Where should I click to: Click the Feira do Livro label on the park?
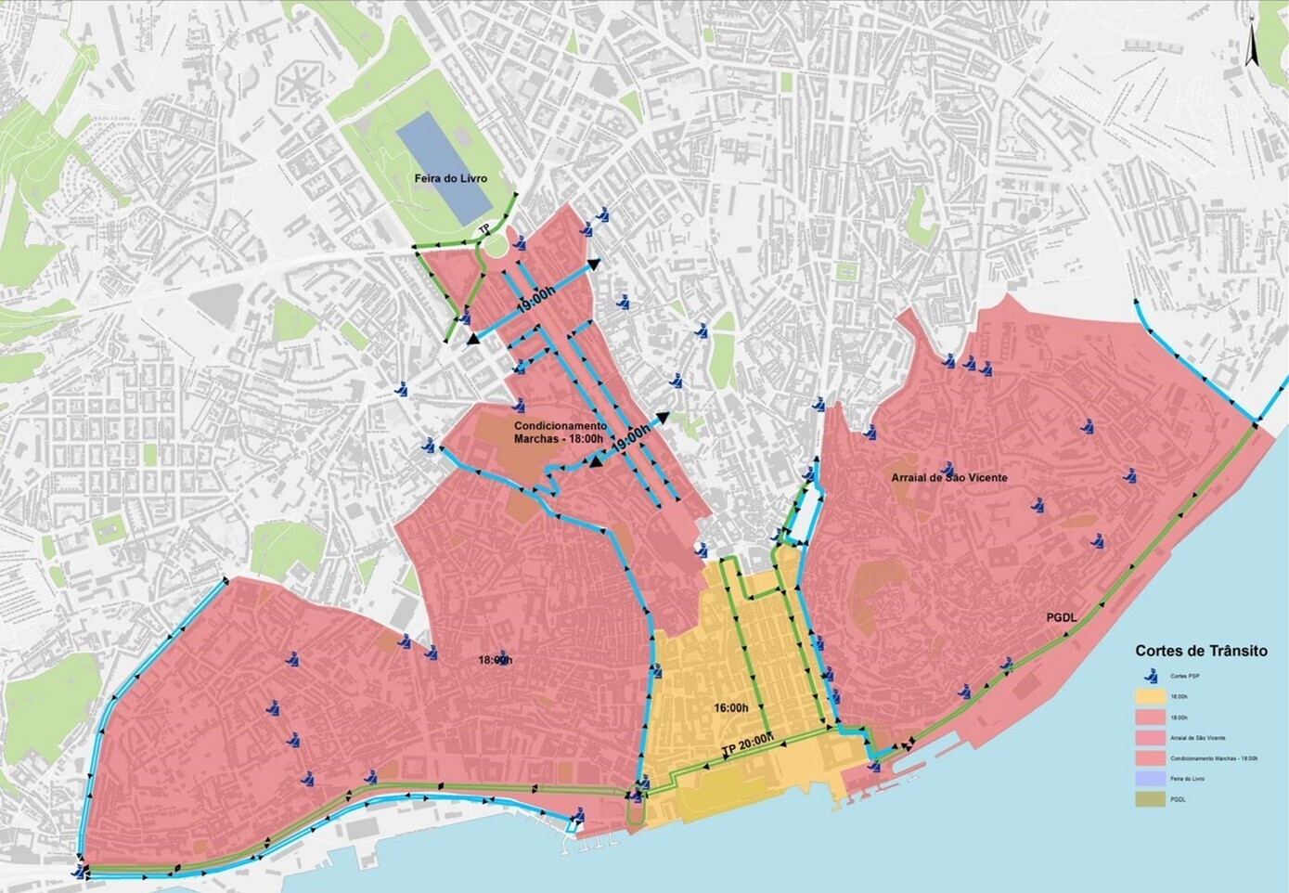(x=450, y=178)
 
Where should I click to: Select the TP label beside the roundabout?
(x=483, y=228)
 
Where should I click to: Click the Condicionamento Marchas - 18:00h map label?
(x=560, y=433)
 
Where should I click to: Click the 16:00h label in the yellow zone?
(x=731, y=707)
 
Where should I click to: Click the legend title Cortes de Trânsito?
(x=1200, y=651)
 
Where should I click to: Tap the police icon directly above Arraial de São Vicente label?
(x=947, y=469)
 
